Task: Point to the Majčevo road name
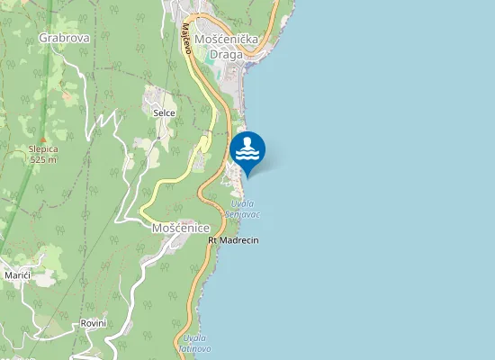pos(189,38)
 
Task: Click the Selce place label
pos(164,112)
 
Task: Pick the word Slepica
pos(42,149)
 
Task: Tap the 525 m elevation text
pos(42,159)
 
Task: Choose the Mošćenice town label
pos(180,229)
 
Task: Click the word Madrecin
pos(239,240)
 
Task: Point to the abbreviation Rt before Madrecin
pos(212,240)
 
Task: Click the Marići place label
pos(17,274)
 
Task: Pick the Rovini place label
pos(94,322)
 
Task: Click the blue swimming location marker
pos(247,151)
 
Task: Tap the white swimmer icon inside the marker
pos(247,148)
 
